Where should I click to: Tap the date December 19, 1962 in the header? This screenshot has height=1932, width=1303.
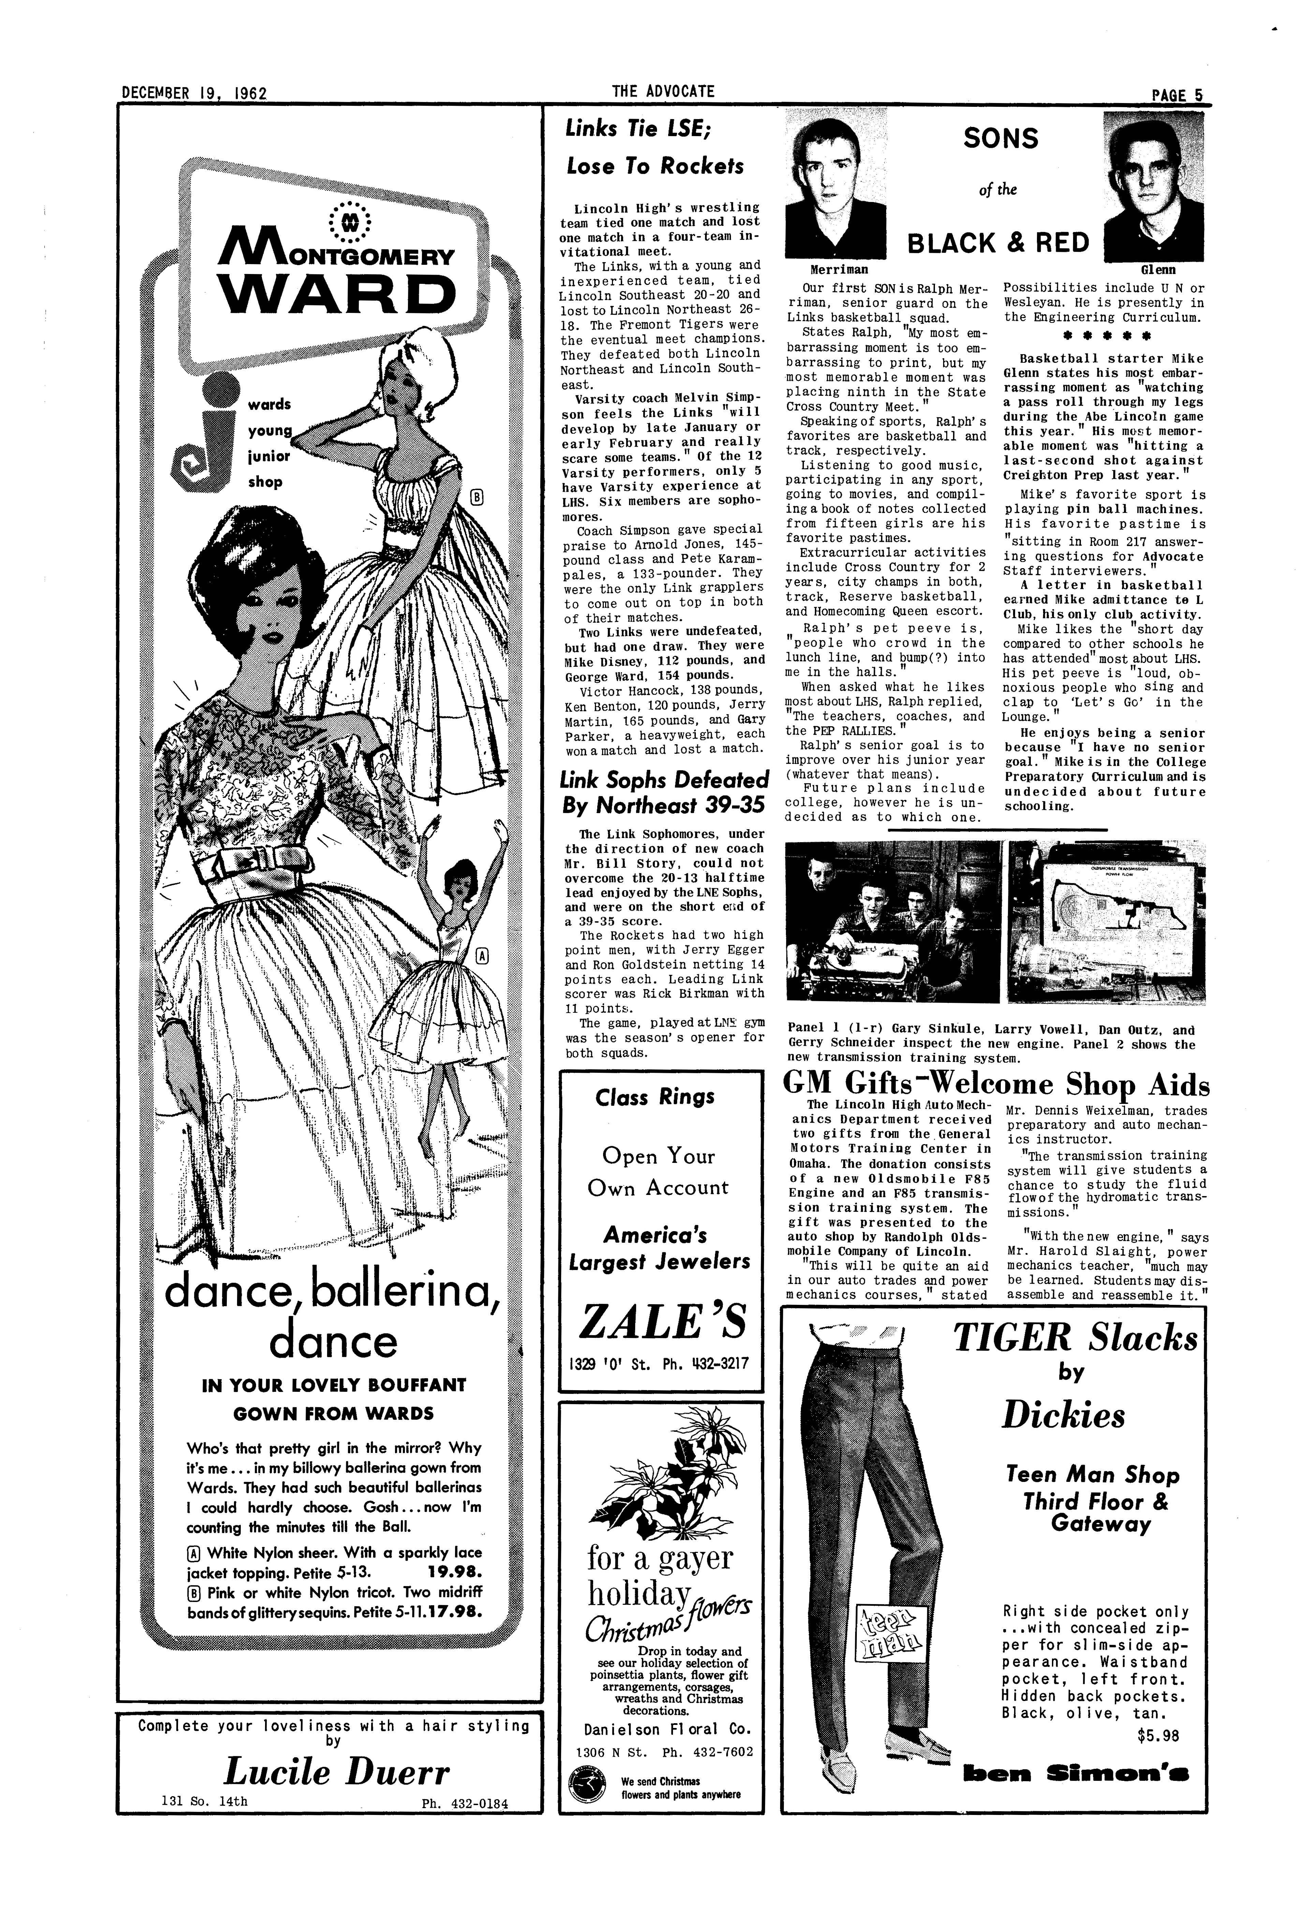click(x=194, y=93)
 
